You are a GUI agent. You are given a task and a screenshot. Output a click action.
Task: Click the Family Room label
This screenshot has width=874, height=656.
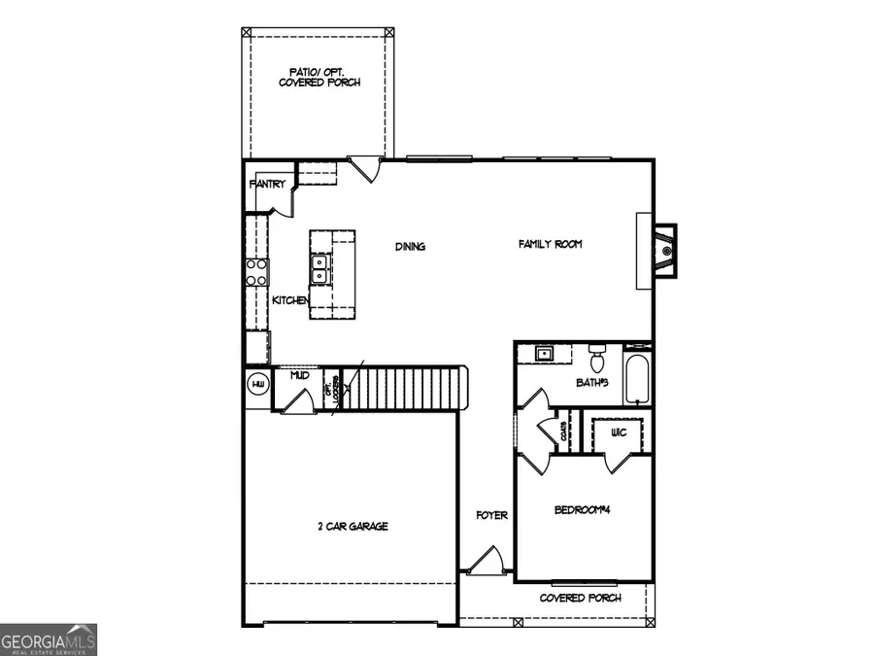pyautogui.click(x=550, y=245)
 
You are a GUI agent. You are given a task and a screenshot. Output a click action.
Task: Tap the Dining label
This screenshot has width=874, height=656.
pyautogui.click(x=410, y=247)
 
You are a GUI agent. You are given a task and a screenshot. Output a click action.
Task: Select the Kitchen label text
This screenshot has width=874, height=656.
pyautogui.click(x=289, y=300)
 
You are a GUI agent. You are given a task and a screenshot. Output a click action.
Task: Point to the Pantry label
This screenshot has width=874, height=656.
pyautogui.click(x=267, y=184)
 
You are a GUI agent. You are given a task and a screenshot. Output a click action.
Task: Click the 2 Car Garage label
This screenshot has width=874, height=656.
pyautogui.click(x=352, y=526)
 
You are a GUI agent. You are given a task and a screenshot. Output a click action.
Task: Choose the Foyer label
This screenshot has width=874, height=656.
pyautogui.click(x=491, y=515)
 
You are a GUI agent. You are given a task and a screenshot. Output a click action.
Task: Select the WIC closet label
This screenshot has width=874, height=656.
pyautogui.click(x=617, y=431)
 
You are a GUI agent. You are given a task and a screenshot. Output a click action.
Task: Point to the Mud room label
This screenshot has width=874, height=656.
pyautogui.click(x=299, y=373)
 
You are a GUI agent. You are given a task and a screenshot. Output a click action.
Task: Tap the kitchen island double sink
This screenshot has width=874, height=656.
pyautogui.click(x=319, y=263)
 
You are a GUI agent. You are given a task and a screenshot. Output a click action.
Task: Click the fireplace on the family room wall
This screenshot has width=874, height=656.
pyautogui.click(x=663, y=251)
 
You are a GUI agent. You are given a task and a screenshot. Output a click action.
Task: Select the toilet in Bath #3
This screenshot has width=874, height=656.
pyautogui.click(x=598, y=352)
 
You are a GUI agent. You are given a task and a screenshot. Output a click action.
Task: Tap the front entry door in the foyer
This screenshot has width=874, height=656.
pyautogui.click(x=487, y=561)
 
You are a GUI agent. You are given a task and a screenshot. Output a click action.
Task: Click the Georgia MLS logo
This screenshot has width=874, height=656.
pyautogui.click(x=49, y=640)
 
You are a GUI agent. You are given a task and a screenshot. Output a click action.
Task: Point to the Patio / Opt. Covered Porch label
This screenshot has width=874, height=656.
pyautogui.click(x=319, y=77)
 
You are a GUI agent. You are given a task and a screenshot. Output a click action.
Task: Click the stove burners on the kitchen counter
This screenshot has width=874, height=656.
pyautogui.click(x=256, y=271)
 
